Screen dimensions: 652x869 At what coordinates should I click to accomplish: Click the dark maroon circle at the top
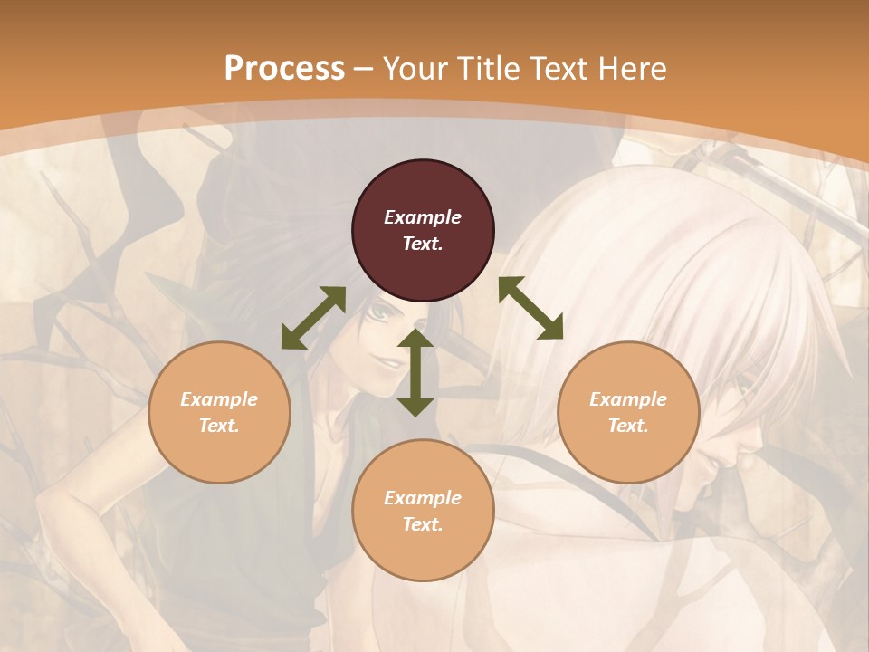[x=423, y=231]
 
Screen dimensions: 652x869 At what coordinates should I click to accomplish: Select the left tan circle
[x=219, y=412]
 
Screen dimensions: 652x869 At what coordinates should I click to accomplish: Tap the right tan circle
[x=628, y=412]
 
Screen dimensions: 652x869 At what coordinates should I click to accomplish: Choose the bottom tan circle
[x=423, y=511]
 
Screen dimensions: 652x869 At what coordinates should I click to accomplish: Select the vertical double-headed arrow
[x=415, y=372]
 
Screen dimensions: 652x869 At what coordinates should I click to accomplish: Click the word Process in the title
[x=284, y=68]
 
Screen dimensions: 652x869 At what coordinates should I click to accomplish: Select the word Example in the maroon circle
[x=423, y=217]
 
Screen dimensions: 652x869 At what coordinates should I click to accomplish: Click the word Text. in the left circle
[x=219, y=426]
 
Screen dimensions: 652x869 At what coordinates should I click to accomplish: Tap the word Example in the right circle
[x=628, y=399]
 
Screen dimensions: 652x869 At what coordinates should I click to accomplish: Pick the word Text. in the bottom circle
[x=423, y=524]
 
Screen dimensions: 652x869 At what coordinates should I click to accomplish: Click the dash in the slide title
[x=364, y=70]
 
